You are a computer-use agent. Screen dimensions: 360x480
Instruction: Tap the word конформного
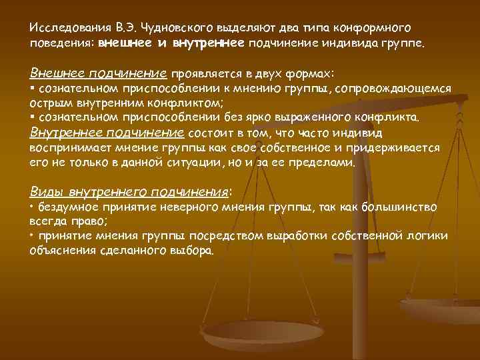tap(374, 29)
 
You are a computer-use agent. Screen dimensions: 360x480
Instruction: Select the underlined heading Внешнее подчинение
tap(99, 72)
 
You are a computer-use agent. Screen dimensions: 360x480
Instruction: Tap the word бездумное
tap(65, 207)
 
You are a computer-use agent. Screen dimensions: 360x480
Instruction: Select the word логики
tap(426, 237)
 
